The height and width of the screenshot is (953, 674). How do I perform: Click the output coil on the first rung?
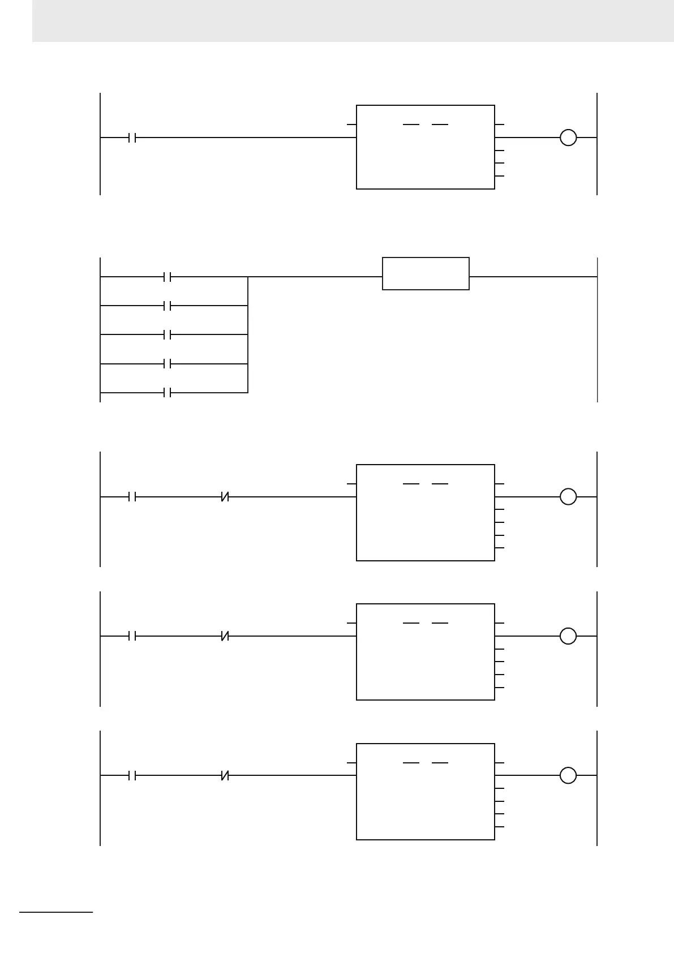click(568, 138)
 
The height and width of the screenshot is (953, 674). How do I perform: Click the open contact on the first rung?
click(132, 138)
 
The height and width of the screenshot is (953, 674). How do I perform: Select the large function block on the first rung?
click(425, 147)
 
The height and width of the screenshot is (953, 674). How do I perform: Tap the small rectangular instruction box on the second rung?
click(426, 274)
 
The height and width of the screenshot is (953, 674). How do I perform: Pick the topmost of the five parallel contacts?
click(167, 277)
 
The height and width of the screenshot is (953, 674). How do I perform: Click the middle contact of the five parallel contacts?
click(167, 335)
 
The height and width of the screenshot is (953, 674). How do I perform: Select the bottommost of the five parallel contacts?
click(167, 392)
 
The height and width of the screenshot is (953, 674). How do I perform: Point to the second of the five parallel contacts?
click(167, 306)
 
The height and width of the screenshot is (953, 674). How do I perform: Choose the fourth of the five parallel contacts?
click(167, 363)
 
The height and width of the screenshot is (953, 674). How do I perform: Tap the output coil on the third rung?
click(568, 497)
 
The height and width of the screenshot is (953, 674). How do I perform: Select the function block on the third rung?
click(425, 513)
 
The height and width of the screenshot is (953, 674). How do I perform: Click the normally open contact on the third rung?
click(132, 497)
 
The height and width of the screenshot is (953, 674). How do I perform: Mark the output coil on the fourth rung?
click(568, 636)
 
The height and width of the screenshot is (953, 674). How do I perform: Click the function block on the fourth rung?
click(425, 652)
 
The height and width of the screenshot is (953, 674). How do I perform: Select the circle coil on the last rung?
click(568, 775)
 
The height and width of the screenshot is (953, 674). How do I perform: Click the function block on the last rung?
click(425, 791)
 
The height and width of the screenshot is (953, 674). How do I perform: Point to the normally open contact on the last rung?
click(132, 775)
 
